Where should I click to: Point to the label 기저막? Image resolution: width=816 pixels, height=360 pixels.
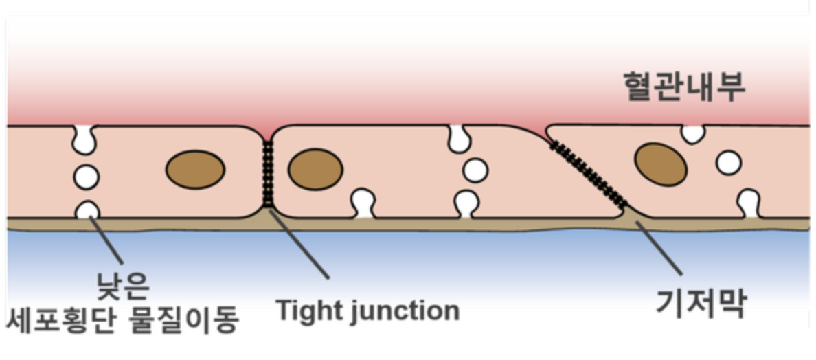coord(701,304)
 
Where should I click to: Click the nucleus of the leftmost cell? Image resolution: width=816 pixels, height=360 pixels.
coord(195,170)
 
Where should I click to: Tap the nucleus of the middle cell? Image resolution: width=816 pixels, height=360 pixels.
coord(315,169)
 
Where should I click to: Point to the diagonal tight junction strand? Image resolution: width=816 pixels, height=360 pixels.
coord(590,174)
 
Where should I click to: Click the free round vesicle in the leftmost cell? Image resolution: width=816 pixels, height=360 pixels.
coord(87,177)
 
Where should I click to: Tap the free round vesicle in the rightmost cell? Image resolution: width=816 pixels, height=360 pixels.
coord(729,163)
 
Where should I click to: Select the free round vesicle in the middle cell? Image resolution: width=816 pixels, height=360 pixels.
coord(475,170)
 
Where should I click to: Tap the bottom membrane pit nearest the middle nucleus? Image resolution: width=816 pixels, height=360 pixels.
coord(363,204)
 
